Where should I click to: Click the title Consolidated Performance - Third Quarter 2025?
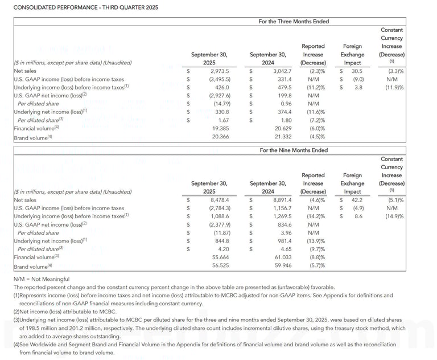(x=86, y=7)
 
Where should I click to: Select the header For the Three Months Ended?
(x=294, y=22)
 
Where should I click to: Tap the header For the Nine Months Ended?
(x=294, y=151)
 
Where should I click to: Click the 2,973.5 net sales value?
(x=219, y=71)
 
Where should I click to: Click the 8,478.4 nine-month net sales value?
(x=220, y=201)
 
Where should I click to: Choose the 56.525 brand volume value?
(x=220, y=266)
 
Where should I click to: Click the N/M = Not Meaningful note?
(x=41, y=279)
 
